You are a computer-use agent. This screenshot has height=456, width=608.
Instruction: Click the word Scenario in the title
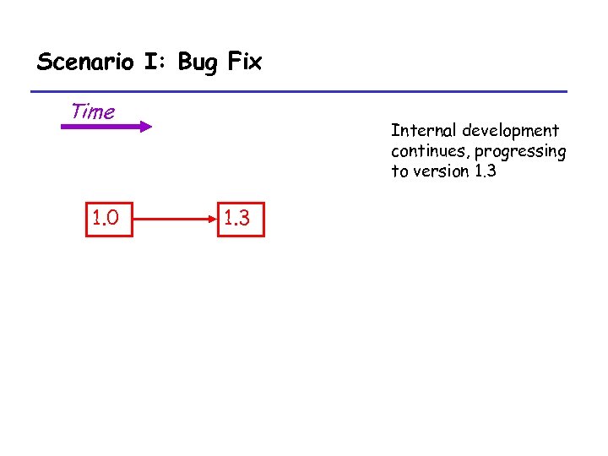point(84,62)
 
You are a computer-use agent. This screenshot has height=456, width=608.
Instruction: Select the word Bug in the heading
point(198,62)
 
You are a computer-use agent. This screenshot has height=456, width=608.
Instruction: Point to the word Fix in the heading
point(244,62)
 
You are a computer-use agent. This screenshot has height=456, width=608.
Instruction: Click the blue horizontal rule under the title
point(299,91)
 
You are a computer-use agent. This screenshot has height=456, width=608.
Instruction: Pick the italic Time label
point(93,111)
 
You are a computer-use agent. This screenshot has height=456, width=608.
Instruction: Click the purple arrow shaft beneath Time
point(97,128)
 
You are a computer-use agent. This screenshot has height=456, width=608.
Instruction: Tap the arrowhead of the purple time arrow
point(146,128)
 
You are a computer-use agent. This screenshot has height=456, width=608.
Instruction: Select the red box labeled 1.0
point(109,220)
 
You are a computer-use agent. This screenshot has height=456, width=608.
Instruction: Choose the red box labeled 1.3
point(241,220)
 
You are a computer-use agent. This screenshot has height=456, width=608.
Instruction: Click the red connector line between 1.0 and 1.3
point(173,220)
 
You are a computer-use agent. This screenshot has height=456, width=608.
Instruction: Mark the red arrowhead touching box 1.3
point(214,220)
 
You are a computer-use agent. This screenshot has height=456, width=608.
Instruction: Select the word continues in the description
point(429,151)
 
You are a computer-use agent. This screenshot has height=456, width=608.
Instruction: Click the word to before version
point(399,171)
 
